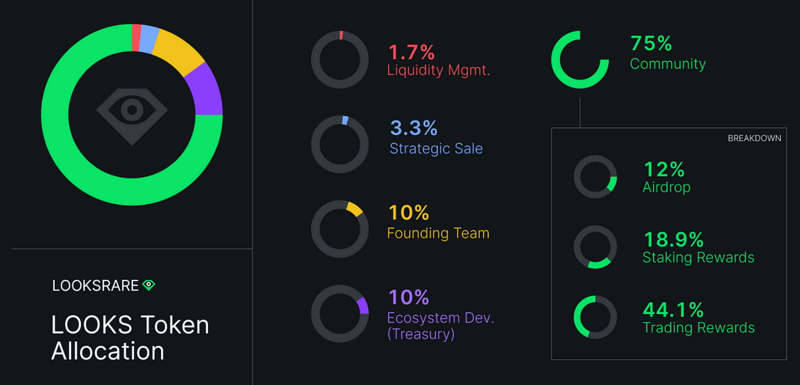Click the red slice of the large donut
tap(136, 37)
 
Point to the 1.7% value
tap(412, 52)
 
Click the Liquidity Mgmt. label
tap(439, 70)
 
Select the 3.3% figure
tap(413, 128)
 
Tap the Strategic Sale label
tap(436, 149)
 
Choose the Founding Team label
tap(438, 233)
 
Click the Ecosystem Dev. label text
tap(440, 318)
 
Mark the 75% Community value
tap(651, 44)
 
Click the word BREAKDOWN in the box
tap(754, 138)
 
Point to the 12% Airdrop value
tap(664, 169)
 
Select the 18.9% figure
tap(673, 240)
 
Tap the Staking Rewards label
tap(698, 258)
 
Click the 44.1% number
tap(674, 310)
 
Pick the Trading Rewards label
tap(699, 328)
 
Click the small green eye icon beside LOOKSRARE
tap(149, 285)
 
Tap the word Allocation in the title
tap(107, 351)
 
